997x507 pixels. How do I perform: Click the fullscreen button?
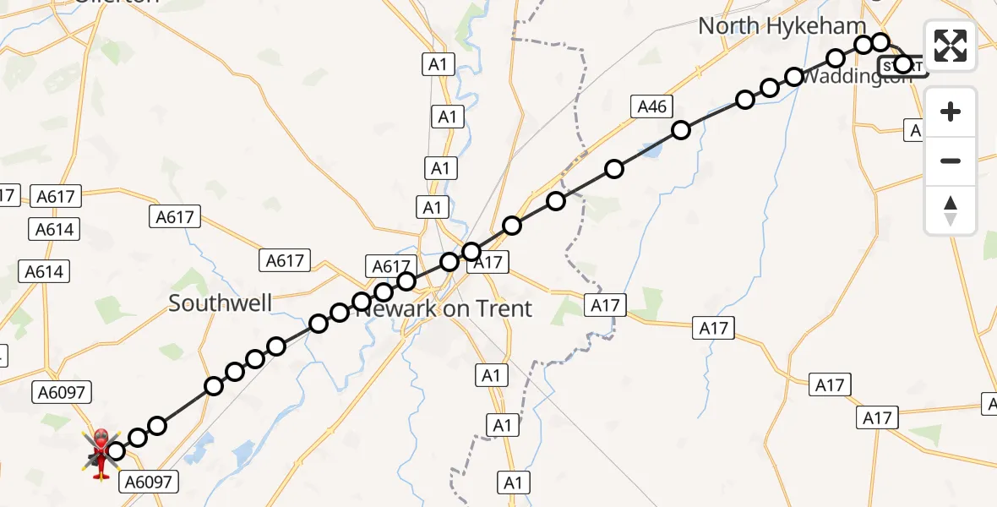(x=951, y=46)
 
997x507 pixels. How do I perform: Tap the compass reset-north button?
(x=951, y=210)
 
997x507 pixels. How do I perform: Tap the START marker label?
(x=903, y=66)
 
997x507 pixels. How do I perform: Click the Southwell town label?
(x=221, y=303)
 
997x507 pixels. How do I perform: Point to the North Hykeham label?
(x=782, y=26)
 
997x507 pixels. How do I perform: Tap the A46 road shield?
(x=652, y=106)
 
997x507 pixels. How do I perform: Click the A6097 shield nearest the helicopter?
(x=149, y=482)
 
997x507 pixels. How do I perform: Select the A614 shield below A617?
(x=54, y=229)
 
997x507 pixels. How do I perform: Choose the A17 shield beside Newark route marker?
(x=488, y=263)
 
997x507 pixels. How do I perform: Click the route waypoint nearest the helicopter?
(x=116, y=451)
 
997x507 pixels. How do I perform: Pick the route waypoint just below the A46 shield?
(x=681, y=130)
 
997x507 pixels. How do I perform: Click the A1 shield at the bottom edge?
(x=511, y=483)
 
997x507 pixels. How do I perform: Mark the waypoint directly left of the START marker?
(x=880, y=42)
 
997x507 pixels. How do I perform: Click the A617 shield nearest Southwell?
(x=285, y=260)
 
